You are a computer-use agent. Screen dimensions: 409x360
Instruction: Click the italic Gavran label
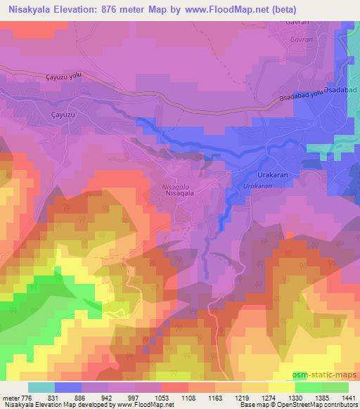coord(301,40)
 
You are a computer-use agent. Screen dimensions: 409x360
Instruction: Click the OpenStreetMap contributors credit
coord(319,405)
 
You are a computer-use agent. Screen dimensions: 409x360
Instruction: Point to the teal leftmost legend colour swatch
coord(41,387)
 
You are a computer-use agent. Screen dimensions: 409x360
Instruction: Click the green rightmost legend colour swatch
coord(335,387)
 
